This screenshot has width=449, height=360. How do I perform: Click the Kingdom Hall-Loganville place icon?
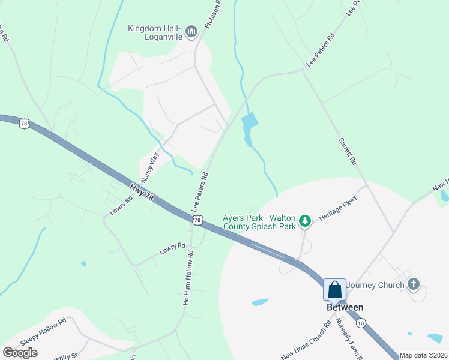[191, 31]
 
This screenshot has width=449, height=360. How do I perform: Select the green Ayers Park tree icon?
[306, 221]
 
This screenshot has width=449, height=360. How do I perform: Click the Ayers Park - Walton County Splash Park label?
[260, 222]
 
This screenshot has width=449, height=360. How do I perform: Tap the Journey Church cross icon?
[413, 284]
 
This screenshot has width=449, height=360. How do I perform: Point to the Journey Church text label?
[376, 285]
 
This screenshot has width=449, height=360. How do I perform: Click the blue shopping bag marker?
[335, 290]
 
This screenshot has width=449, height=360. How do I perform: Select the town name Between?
[345, 307]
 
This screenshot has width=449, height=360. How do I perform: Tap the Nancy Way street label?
[150, 167]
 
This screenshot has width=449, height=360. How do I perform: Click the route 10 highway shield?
[360, 323]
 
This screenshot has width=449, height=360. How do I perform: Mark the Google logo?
[20, 353]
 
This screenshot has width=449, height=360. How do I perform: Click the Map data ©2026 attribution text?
[423, 355]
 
